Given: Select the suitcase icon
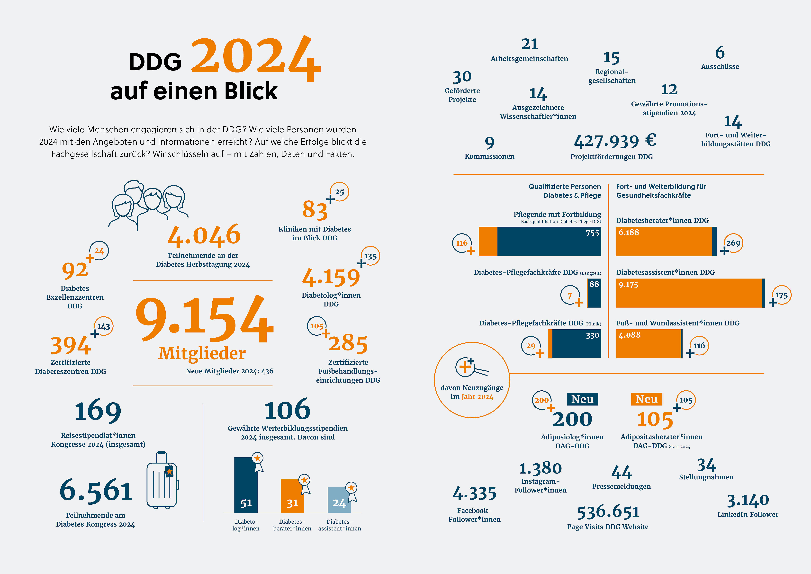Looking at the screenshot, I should [x=162, y=480].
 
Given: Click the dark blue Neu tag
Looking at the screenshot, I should [x=582, y=399].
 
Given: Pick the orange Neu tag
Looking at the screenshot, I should [x=646, y=399].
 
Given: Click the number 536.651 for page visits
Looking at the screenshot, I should [x=608, y=512].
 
